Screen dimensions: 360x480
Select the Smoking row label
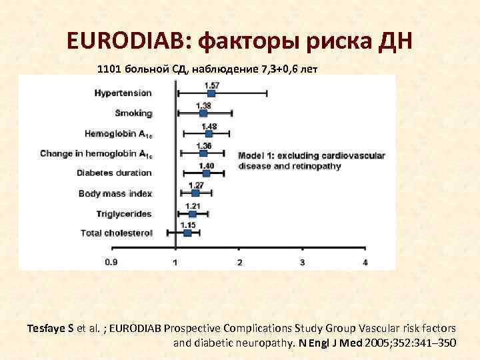(133, 113)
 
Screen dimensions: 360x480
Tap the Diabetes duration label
(115, 173)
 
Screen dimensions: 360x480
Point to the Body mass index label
(115, 194)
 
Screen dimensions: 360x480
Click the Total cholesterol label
(117, 233)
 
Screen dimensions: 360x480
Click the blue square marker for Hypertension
(211, 93)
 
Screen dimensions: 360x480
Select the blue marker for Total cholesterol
(187, 233)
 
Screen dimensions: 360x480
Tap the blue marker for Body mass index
(195, 193)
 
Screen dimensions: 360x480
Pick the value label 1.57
(211, 85)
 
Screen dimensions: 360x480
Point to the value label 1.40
(206, 165)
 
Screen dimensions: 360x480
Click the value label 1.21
(192, 205)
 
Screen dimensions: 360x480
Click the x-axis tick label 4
(365, 263)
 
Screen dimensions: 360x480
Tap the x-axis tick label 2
(239, 263)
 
